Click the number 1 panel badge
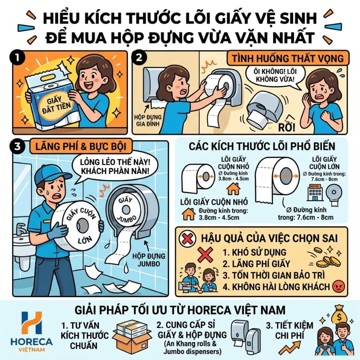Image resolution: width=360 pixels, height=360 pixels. coord(17,58)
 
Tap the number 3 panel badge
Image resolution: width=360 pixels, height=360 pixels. coord(17,147)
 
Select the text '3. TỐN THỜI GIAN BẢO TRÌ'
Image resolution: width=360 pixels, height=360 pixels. coord(274,275)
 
